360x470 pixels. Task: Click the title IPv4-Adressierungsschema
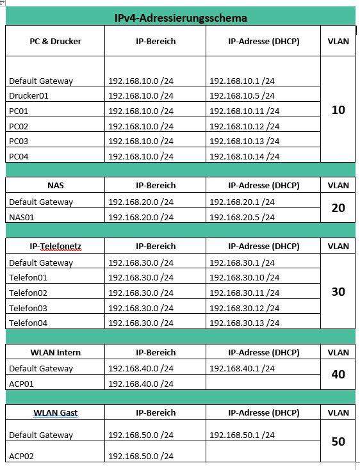tap(180, 18)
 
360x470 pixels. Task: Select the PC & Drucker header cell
tap(55, 41)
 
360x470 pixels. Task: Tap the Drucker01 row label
tap(29, 96)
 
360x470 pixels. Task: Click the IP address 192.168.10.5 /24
tap(242, 96)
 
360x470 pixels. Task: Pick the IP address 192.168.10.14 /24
tap(245, 156)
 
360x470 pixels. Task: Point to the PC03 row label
tap(19, 141)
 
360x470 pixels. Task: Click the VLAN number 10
tap(338, 110)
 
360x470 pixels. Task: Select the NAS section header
tap(55, 186)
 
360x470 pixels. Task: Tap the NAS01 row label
tap(22, 217)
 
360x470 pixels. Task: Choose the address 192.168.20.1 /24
tap(242, 202)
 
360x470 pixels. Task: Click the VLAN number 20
tap(338, 208)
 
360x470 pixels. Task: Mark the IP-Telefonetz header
tap(55, 246)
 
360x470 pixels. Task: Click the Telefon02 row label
tap(28, 293)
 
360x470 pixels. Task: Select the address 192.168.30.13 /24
tap(245, 323)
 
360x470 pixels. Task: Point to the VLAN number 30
tap(338, 292)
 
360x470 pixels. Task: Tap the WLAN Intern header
tap(55, 352)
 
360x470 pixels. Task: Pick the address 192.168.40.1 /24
tap(242, 368)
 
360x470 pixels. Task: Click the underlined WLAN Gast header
tap(55, 412)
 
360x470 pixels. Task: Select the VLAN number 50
tap(338, 442)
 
